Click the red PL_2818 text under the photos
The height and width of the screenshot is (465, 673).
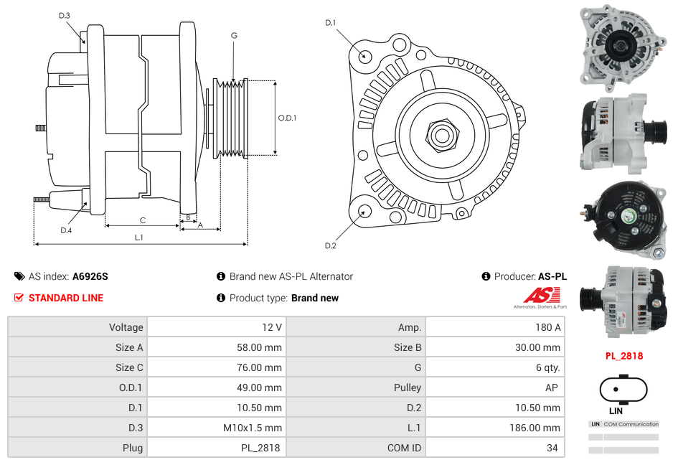pos(623,355)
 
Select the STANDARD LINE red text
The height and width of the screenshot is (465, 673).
pos(66,298)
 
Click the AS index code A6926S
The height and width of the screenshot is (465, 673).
pos(90,276)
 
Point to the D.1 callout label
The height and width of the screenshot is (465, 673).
pos(330,23)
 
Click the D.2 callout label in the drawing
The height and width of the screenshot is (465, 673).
pos(330,245)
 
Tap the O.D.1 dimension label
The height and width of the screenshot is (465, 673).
pos(287,118)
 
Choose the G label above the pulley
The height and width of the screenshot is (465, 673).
pos(234,35)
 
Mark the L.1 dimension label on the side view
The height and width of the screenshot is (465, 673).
pos(138,237)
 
